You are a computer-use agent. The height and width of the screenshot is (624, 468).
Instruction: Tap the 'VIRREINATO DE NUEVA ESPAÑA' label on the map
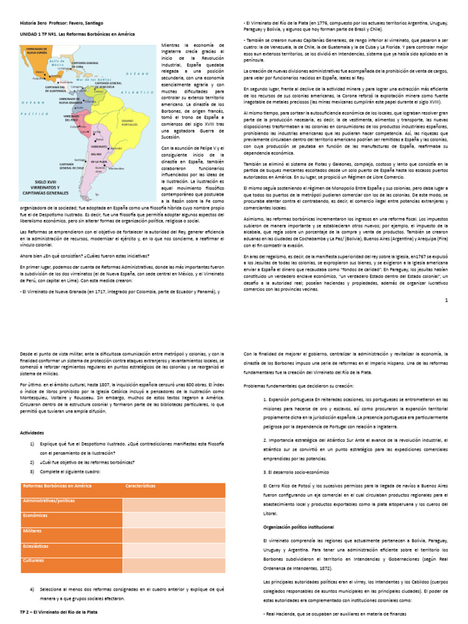(36, 51)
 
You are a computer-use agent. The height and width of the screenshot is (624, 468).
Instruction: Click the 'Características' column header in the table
(141, 486)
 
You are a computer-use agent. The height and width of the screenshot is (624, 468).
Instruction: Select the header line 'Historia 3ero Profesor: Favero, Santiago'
(62, 23)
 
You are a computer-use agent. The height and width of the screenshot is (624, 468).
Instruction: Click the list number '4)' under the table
(32, 590)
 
